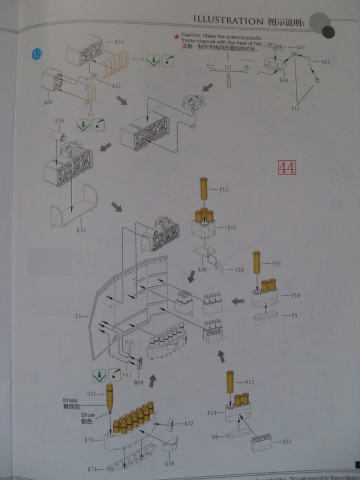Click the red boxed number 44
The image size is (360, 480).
[286, 168]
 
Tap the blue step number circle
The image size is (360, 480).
[37, 55]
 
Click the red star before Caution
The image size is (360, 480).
[177, 35]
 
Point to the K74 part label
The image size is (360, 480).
[119, 42]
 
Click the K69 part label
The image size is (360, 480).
[48, 102]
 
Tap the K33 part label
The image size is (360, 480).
[81, 230]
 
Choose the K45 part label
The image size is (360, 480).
[232, 227]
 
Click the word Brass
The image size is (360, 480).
[71, 400]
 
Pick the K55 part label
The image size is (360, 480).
[286, 441]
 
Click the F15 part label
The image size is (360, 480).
[296, 107]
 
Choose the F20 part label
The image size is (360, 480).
[238, 270]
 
